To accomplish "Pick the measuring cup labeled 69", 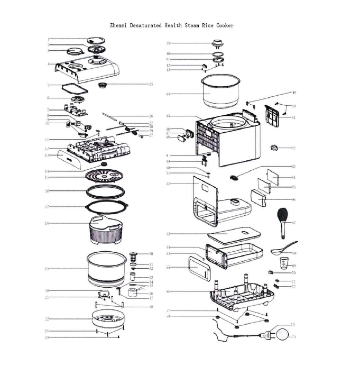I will tap(284, 262).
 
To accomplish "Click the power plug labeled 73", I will tap(268, 334).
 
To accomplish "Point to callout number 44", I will tap(168, 94).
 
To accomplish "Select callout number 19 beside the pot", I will tap(47, 269).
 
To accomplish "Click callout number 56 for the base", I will tap(168, 291).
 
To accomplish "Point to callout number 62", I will tap(293, 148).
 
